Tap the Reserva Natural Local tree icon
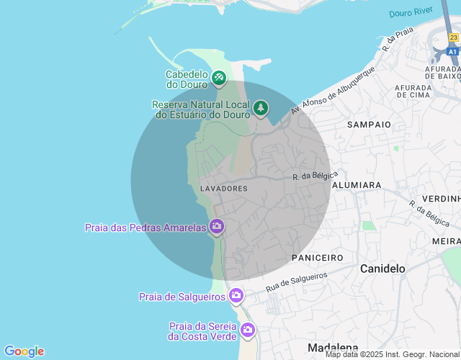(x=260, y=108)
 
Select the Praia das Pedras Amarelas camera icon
(x=217, y=227)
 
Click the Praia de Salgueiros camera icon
(x=236, y=295)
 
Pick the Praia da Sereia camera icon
(x=248, y=330)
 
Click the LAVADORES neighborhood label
(x=223, y=188)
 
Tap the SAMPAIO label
(x=369, y=125)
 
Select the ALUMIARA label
(x=357, y=185)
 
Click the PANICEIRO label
(x=317, y=257)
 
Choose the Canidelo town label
(x=382, y=269)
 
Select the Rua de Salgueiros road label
(x=296, y=282)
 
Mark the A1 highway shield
(x=452, y=53)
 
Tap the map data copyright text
(x=392, y=354)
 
